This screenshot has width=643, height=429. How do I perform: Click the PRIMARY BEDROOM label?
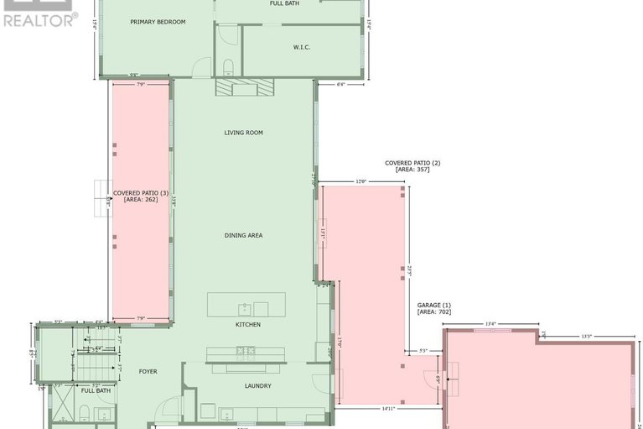pyautogui.click(x=158, y=22)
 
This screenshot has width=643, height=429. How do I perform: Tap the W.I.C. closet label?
pyautogui.click(x=302, y=47)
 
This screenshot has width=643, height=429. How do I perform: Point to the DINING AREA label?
pyautogui.click(x=243, y=236)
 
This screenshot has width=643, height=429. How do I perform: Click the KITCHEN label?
pyautogui.click(x=247, y=324)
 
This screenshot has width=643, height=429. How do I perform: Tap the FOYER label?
pyautogui.click(x=148, y=371)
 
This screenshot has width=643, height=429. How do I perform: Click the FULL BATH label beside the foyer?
pyautogui.click(x=95, y=390)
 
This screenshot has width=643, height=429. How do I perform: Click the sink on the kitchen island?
pyautogui.click(x=244, y=305)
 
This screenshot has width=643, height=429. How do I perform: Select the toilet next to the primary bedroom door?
pyautogui.click(x=229, y=67)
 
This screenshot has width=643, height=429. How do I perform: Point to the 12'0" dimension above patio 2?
pyautogui.click(x=361, y=181)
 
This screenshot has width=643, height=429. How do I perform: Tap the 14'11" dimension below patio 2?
pyautogui.click(x=387, y=409)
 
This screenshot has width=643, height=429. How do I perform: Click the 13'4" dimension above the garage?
pyautogui.click(x=490, y=323)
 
